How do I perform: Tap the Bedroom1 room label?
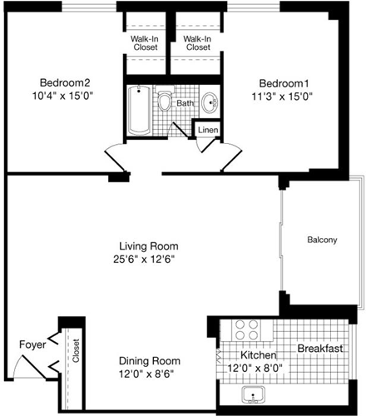pyautogui.click(x=284, y=82)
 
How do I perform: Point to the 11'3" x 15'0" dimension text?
pyautogui.click(x=284, y=96)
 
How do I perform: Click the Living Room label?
pyautogui.click(x=148, y=245)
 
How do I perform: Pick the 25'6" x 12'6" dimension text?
pyautogui.click(x=148, y=259)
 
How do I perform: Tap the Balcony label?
pyautogui.click(x=322, y=240)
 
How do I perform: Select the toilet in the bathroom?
pyautogui.click(x=166, y=103)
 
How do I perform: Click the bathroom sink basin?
pyautogui.click(x=212, y=105)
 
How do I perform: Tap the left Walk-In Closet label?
pyautogui.click(x=145, y=43)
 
